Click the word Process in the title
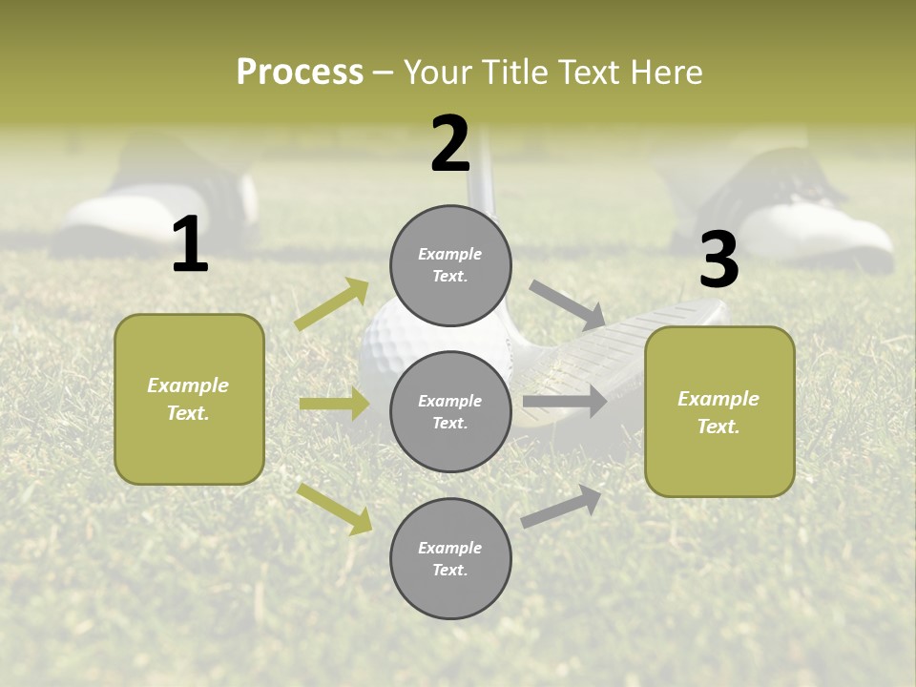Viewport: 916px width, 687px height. coord(300,72)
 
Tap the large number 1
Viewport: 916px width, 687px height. coord(190,246)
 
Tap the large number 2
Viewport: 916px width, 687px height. coord(450,144)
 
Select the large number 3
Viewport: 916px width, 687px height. coord(718,260)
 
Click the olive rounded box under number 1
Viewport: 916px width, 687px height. coord(189,399)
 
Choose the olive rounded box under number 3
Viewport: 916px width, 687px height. coord(719,411)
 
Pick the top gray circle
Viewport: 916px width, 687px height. coord(450,265)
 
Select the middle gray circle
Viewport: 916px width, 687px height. coord(450,412)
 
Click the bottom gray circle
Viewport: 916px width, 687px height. coord(450,559)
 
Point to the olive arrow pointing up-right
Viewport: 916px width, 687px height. coord(332,303)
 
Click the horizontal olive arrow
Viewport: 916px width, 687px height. coord(334,404)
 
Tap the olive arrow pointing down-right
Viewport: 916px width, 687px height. coord(335,508)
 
